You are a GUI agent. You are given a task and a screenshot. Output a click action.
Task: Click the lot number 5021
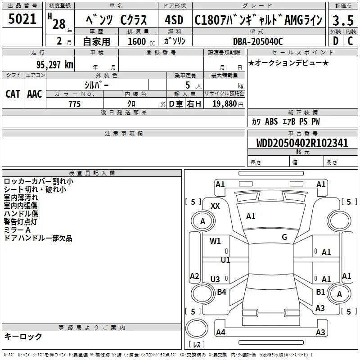(22, 19)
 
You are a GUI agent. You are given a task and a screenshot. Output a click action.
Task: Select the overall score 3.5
(343, 20)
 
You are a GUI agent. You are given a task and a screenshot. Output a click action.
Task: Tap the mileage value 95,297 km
(55, 65)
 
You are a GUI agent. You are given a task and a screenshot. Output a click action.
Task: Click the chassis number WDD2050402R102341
(302, 143)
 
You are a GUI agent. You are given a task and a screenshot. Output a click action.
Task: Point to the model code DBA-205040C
(258, 41)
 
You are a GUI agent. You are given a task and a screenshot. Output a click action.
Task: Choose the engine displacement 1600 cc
(141, 41)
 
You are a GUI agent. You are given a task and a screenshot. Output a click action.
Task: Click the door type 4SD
(174, 20)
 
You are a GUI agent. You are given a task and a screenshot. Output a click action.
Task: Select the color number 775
(75, 104)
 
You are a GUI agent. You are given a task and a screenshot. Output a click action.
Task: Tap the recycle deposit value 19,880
(225, 104)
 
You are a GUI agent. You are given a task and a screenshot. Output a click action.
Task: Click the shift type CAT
(13, 94)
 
